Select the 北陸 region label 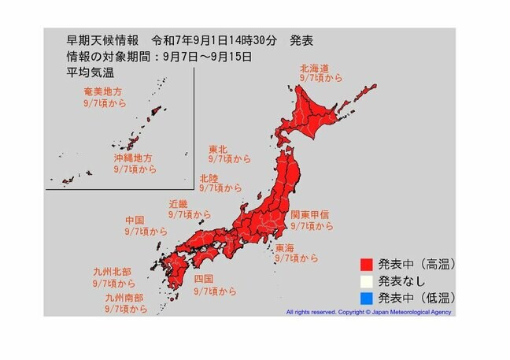210,177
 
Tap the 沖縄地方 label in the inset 132,158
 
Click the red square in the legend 368,263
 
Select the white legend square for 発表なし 368,280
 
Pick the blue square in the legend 368,298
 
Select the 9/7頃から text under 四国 215,291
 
